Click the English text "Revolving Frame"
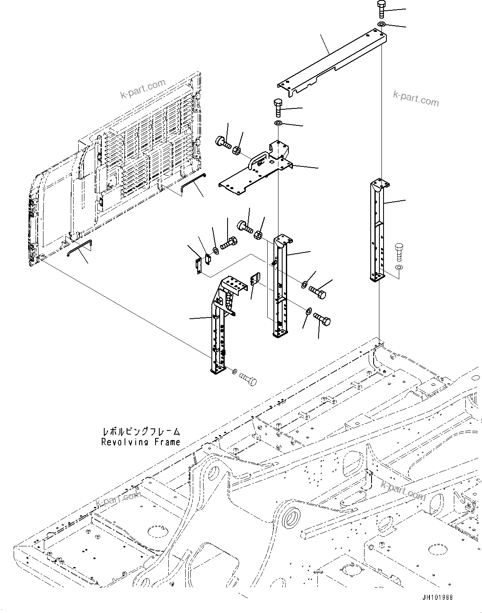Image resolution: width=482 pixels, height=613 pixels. [141, 442]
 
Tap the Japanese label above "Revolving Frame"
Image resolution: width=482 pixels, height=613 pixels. [141, 432]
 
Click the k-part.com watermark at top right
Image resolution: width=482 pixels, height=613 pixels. [416, 98]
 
